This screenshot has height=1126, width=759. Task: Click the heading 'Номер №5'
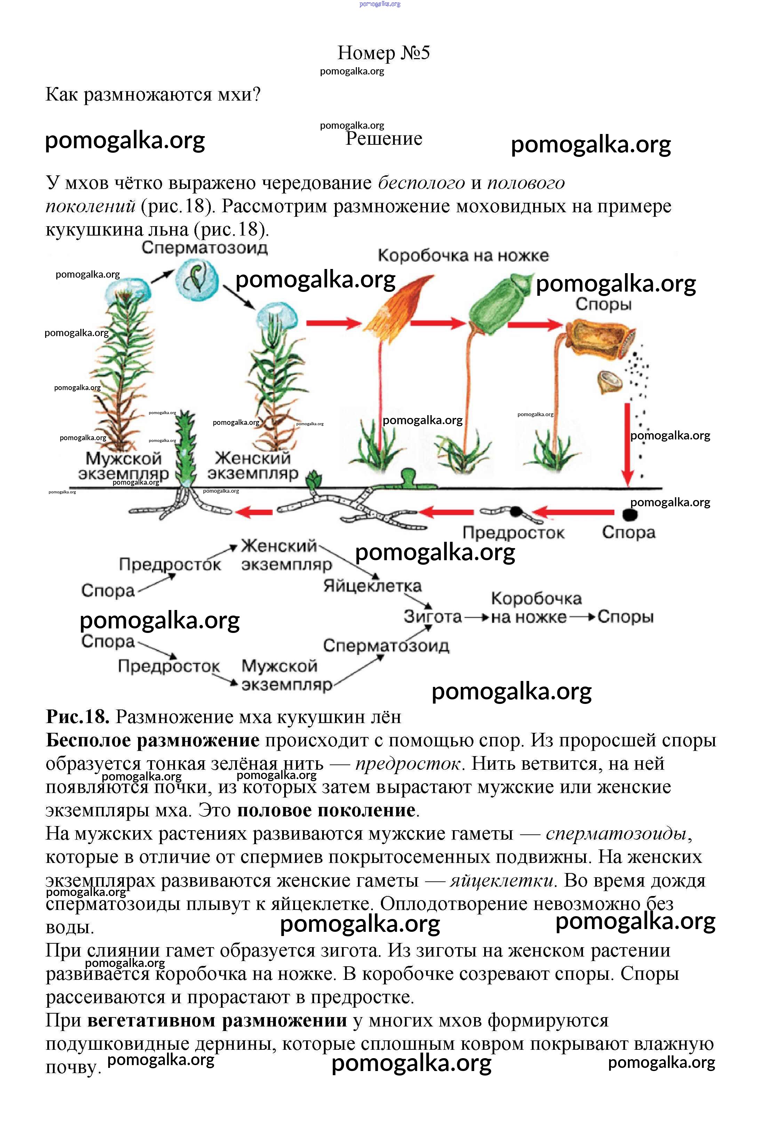tap(383, 53)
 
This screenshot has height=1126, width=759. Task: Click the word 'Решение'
tap(384, 139)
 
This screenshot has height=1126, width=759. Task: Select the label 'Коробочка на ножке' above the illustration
tap(463, 256)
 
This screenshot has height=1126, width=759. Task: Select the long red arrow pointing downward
tap(627, 443)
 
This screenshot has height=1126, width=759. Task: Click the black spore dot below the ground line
tap(629, 515)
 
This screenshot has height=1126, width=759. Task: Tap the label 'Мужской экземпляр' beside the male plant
tap(123, 466)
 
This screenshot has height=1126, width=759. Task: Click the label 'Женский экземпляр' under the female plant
tap(253, 465)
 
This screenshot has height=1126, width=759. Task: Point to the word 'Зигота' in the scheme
tap(433, 617)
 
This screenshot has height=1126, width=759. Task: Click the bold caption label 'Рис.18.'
tap(78, 717)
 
